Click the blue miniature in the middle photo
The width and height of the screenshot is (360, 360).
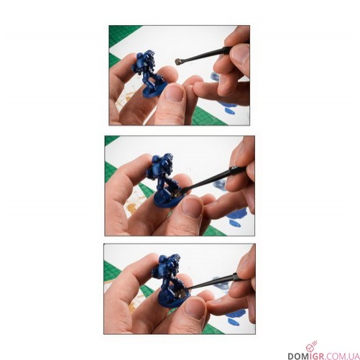click(165, 182)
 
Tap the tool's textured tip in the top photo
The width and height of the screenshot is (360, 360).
click(178, 62)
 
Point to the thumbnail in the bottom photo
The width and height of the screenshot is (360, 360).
click(195, 308)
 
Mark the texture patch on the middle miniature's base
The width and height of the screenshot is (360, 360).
click(177, 193)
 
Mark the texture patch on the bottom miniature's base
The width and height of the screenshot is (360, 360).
click(181, 293)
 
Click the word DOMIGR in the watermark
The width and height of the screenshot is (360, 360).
click(303, 356)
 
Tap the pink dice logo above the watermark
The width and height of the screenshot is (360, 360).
click(311, 346)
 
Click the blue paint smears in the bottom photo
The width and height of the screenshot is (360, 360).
click(236, 317)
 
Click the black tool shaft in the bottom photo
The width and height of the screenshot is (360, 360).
click(211, 282)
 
